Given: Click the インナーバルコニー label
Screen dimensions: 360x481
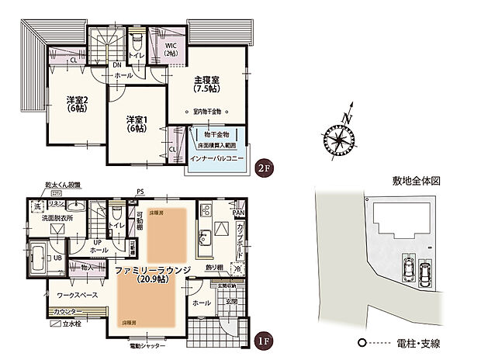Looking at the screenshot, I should pos(219,158).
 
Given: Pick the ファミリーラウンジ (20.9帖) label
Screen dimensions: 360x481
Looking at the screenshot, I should pos(149,274).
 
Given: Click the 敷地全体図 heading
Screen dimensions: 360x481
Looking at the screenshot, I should pos(417,181).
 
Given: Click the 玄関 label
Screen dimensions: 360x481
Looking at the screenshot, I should pos(231,303).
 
